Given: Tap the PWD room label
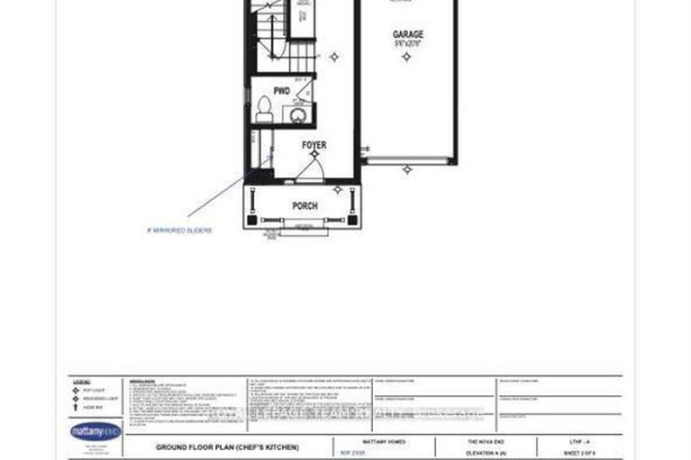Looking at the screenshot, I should [x=281, y=91].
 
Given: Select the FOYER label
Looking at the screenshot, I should [x=314, y=145].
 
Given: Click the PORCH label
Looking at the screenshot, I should [x=305, y=206].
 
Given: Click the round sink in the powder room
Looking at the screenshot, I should [x=298, y=114].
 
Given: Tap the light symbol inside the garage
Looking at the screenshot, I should [x=406, y=56].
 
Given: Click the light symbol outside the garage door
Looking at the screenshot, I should [x=407, y=168].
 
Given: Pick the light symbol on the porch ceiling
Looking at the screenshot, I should [x=338, y=189].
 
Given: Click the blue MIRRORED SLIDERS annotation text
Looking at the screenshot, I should [x=178, y=230].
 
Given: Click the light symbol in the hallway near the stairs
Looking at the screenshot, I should [x=333, y=56].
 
